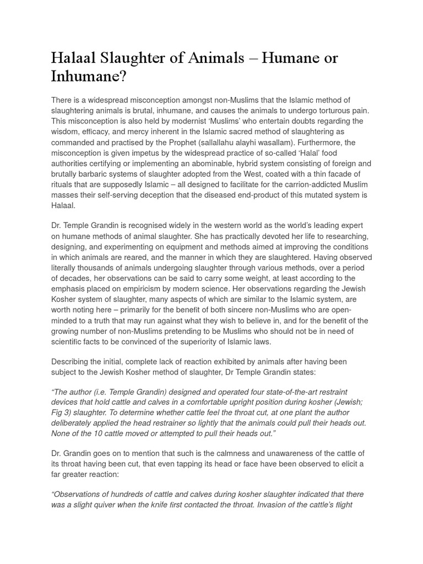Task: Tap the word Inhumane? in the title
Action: (x=89, y=76)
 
